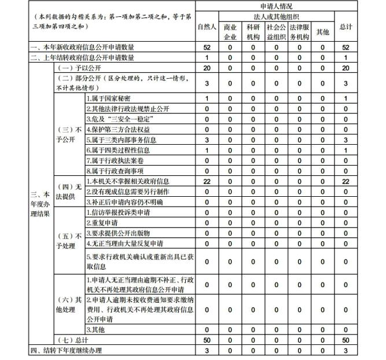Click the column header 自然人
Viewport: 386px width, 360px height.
[207, 27]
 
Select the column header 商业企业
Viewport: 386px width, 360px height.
[230, 31]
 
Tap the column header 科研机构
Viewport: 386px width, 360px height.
[253, 31]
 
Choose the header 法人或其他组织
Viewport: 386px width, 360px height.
[276, 17]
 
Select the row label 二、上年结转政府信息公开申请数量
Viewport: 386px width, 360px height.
[80, 57]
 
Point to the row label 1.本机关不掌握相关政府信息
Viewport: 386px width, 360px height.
[128, 181]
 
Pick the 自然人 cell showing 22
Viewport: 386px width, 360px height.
[207, 181]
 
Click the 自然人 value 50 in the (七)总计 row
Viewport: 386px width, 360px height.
[207, 340]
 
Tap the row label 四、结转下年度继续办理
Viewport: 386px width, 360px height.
[61, 351]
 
